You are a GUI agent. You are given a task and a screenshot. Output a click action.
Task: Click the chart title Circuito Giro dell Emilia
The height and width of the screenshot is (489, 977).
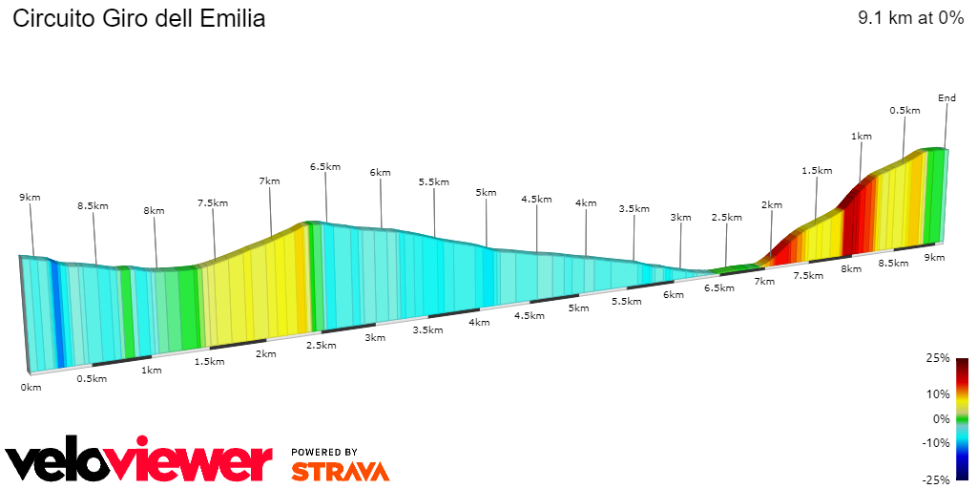pyautogui.click(x=138, y=18)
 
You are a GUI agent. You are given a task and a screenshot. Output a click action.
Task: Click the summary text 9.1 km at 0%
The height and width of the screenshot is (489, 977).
pyautogui.click(x=911, y=18)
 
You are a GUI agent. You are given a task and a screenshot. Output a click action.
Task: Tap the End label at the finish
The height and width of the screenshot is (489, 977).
pyautogui.click(x=946, y=98)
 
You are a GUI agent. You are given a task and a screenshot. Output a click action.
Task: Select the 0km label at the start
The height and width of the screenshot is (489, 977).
pyautogui.click(x=31, y=388)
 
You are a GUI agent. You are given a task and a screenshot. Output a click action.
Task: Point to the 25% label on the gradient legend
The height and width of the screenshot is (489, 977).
pyautogui.click(x=939, y=358)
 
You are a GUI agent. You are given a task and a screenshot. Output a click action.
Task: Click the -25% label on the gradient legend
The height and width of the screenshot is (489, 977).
pyautogui.click(x=937, y=479)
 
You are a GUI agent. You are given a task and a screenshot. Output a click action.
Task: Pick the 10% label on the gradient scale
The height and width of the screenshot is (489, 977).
pyautogui.click(x=939, y=393)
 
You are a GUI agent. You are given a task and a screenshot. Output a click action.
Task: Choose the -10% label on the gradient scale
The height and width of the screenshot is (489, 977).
pyautogui.click(x=936, y=442)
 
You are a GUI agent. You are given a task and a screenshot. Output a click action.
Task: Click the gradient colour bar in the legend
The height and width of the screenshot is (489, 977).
pyautogui.click(x=963, y=418)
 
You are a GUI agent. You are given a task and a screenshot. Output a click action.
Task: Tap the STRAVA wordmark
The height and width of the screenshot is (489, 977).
pyautogui.click(x=340, y=471)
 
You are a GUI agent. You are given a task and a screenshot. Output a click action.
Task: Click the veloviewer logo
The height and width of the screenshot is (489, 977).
pyautogui.click(x=139, y=462)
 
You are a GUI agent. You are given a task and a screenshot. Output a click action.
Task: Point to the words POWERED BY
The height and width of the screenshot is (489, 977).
pyautogui.click(x=324, y=452)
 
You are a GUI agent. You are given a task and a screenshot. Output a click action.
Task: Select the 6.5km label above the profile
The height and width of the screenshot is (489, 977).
pyautogui.click(x=324, y=166)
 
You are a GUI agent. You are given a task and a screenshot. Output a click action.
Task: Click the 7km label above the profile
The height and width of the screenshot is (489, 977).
pyautogui.click(x=269, y=181)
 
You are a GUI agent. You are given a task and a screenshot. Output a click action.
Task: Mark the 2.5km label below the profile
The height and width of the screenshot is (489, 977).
pyautogui.click(x=321, y=346)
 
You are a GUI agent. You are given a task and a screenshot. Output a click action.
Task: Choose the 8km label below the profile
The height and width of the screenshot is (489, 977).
pyautogui.click(x=850, y=269)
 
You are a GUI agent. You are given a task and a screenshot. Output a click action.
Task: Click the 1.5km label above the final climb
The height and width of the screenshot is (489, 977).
pyautogui.click(x=817, y=171)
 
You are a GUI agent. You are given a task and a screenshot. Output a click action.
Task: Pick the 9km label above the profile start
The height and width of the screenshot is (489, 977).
pyautogui.click(x=30, y=198)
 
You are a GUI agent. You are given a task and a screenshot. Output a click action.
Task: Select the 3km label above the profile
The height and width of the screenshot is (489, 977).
pyautogui.click(x=680, y=218)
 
